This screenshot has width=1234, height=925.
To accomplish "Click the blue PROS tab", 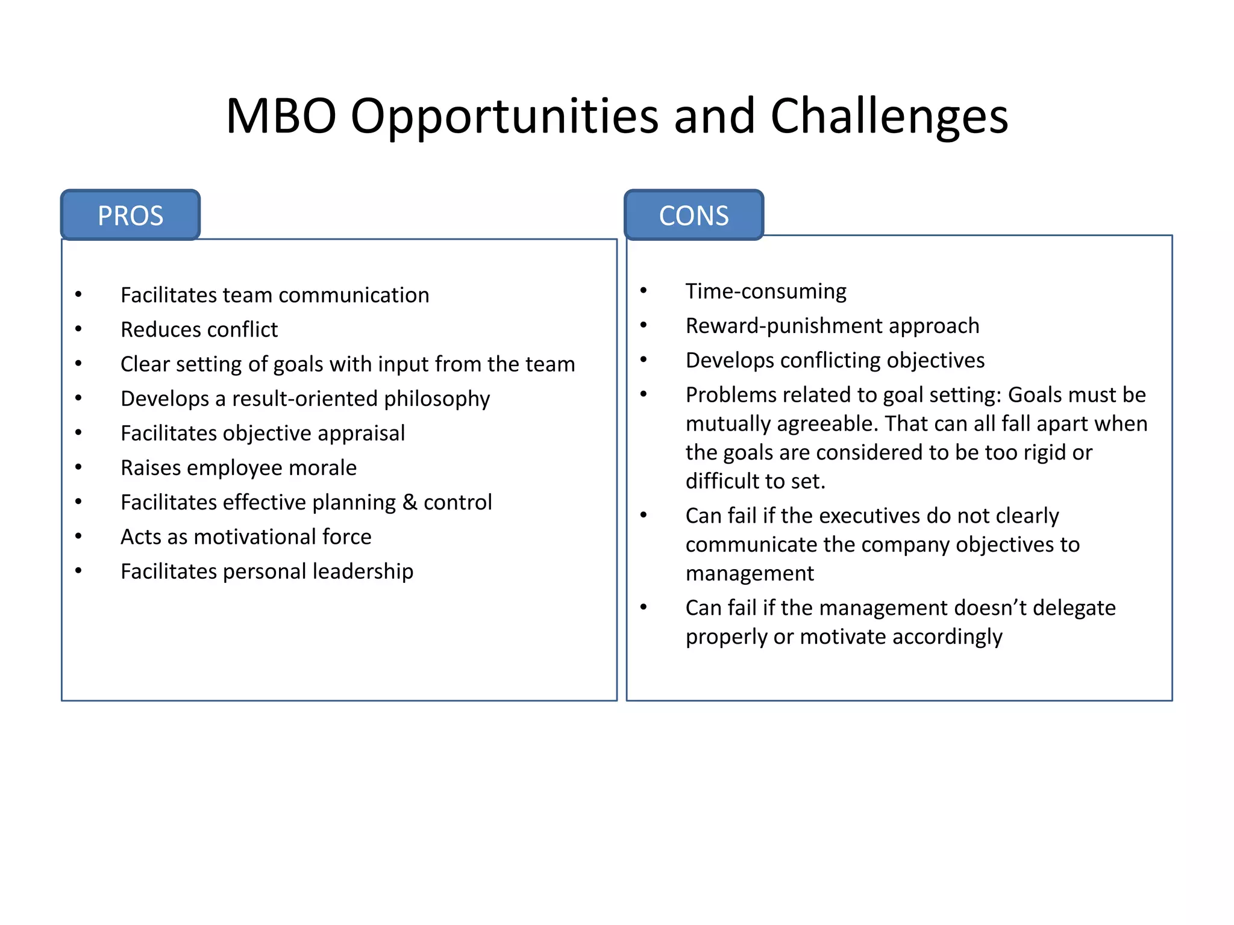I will click(130, 216).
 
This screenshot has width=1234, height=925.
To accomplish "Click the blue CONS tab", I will click(694, 216).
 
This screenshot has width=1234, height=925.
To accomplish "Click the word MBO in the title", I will click(281, 116).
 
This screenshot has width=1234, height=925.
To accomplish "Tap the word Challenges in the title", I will click(889, 116).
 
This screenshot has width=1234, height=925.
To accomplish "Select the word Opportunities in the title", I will click(504, 116).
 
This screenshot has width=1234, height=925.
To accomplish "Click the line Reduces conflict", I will click(199, 329).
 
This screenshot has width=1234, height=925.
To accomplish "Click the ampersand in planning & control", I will click(410, 502).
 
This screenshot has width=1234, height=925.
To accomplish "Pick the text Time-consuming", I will click(765, 291).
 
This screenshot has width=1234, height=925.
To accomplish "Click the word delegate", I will click(1074, 608).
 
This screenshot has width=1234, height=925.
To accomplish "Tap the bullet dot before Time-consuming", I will click(644, 291).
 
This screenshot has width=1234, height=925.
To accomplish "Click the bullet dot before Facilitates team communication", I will click(78, 294).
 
